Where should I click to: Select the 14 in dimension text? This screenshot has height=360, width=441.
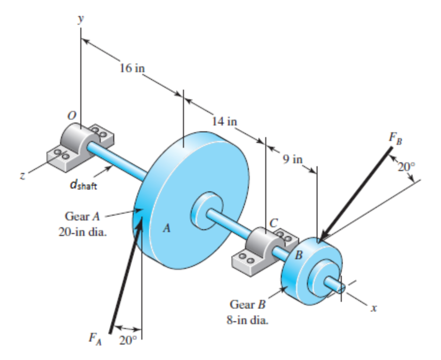click(225, 121)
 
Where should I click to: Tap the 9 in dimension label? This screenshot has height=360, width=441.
click(292, 158)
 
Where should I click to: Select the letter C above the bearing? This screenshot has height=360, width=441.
click(274, 222)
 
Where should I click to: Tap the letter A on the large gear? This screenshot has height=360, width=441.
click(166, 229)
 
